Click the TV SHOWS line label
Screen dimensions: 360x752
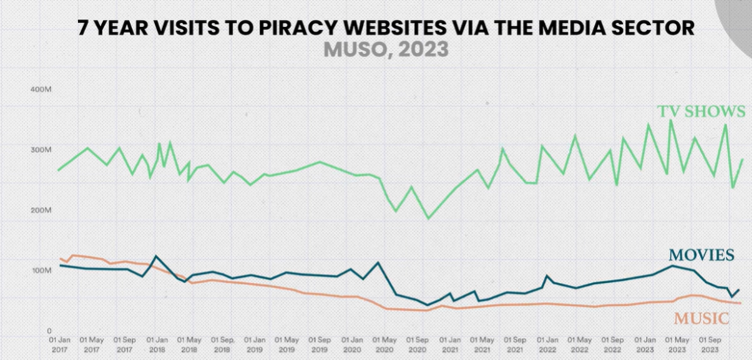point(701,112)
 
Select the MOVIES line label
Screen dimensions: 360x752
point(701,255)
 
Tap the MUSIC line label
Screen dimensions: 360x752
point(701,318)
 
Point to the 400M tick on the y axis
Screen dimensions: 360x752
point(39,90)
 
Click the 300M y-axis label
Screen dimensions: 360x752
point(39,150)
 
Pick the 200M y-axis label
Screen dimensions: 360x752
point(39,210)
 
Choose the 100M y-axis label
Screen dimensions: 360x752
point(39,270)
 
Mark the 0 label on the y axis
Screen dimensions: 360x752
point(48,331)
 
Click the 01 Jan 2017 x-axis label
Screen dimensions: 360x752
point(59,345)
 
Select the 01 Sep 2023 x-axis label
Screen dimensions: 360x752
point(712,345)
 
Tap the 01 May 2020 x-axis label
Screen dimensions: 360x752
point(385,345)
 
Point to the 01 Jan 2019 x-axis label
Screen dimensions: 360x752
point(256,345)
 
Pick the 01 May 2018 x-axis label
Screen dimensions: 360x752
point(189,345)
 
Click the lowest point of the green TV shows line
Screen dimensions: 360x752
point(429,218)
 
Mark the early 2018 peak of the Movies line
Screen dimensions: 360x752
point(155,256)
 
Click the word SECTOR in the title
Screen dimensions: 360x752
point(654,29)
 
